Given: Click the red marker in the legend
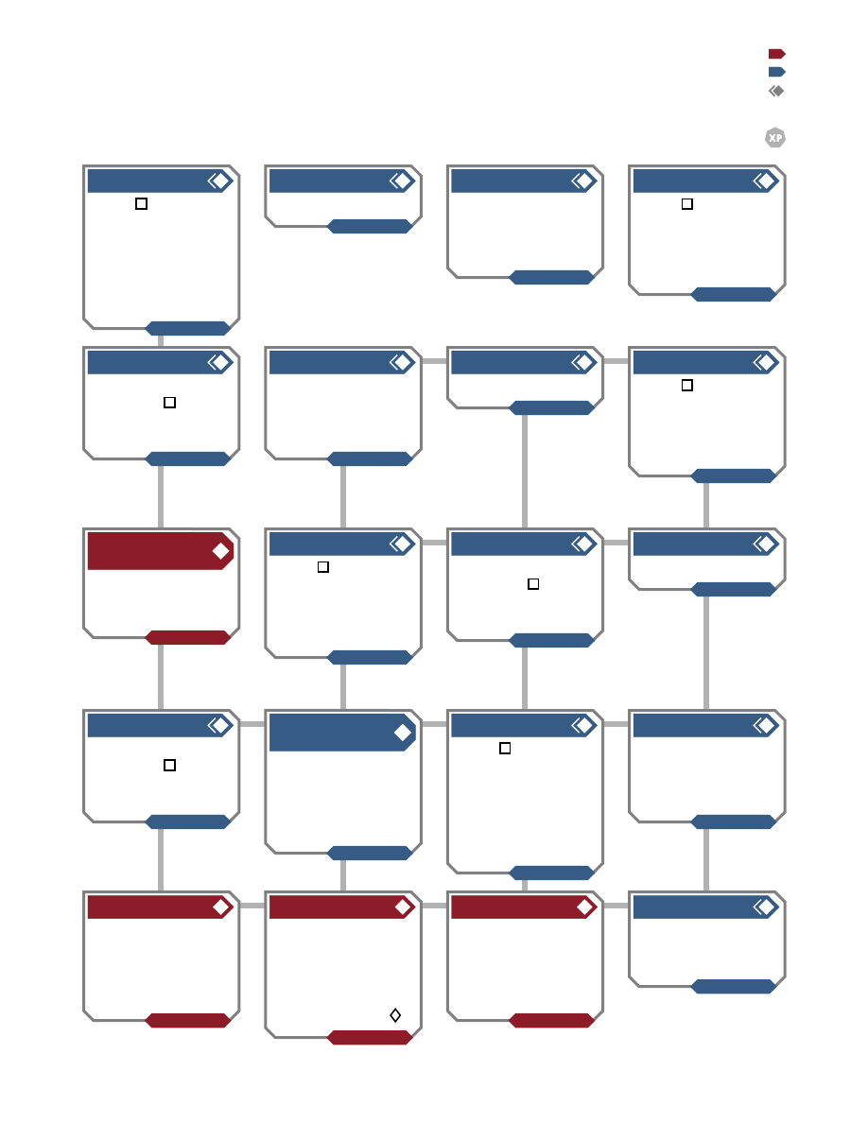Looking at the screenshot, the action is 777,54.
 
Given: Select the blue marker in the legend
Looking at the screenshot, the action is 777,72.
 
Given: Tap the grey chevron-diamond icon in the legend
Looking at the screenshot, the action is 776,91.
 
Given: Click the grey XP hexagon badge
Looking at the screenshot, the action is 775,137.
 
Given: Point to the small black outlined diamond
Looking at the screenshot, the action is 395,1015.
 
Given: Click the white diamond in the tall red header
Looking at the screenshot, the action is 220,551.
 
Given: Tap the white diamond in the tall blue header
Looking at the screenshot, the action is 403,732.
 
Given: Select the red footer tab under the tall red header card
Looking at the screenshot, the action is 187,637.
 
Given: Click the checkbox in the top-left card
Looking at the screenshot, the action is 141,203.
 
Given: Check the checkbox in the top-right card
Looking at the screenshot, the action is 686,203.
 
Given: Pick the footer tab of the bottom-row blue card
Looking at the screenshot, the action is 734,986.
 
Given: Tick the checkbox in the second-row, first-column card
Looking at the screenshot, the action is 170,403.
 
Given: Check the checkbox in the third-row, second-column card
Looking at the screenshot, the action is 323,566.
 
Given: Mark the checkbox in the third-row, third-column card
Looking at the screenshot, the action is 533,583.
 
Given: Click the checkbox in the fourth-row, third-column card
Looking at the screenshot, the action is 505,748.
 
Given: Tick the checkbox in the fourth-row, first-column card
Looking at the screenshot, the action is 170,765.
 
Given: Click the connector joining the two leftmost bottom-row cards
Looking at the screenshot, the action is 252,906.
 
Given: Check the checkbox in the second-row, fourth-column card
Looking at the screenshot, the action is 686,385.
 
